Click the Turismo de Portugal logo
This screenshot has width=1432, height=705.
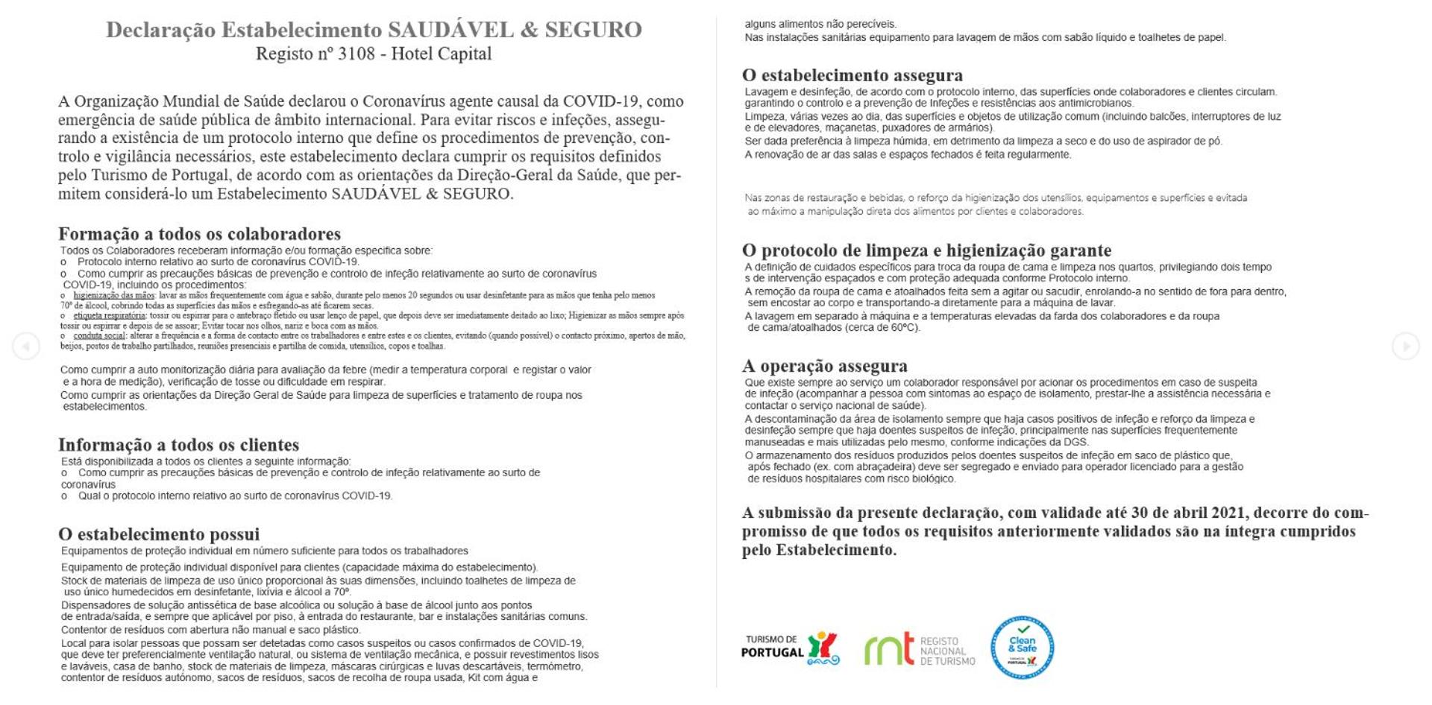click(791, 648)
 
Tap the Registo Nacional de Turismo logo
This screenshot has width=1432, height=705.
click(919, 650)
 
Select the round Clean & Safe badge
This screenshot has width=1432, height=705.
click(1022, 647)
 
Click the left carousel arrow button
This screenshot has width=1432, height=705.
click(26, 346)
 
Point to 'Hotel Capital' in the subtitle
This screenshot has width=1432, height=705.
click(442, 54)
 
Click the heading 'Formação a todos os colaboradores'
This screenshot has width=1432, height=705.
click(199, 234)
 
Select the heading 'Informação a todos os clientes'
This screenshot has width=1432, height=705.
click(178, 445)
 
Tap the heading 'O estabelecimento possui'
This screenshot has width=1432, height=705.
click(159, 534)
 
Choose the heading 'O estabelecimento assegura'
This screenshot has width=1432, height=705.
click(852, 75)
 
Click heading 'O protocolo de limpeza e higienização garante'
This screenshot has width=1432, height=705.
click(926, 250)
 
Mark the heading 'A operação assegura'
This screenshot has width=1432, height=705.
click(824, 366)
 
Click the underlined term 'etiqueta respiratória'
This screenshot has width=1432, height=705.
click(110, 316)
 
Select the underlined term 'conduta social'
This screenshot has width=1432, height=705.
click(99, 336)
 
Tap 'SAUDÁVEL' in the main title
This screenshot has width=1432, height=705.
click(450, 30)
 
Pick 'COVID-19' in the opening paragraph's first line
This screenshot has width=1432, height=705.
click(603, 101)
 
